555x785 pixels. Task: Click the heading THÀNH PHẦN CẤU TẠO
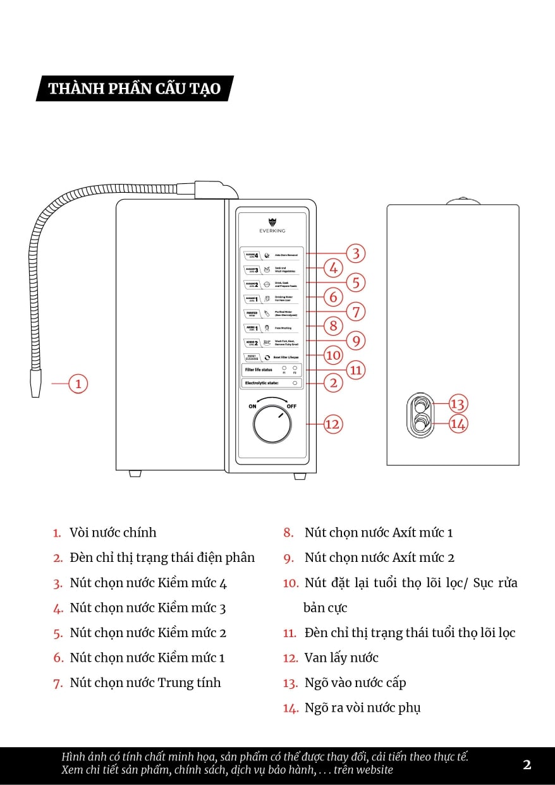coord(135,88)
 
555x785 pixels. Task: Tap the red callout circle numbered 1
coord(78,383)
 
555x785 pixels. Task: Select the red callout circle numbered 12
coord(332,424)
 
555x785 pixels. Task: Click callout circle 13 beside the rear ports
coord(458,404)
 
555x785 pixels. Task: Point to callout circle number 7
coord(356,312)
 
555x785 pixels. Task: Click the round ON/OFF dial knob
coord(273,424)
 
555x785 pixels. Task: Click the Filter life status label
coord(259,369)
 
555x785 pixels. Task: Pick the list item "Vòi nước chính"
coord(113,532)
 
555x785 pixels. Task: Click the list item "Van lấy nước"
coord(341,657)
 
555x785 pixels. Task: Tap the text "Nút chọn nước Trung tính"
coord(145,683)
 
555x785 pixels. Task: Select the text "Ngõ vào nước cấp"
coord(355,683)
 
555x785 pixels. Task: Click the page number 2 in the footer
coord(527,764)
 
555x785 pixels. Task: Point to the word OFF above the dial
coord(291,406)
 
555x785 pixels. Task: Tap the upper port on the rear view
coord(420,405)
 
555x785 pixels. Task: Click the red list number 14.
coord(290,708)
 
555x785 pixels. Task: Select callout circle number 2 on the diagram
coord(333,382)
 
